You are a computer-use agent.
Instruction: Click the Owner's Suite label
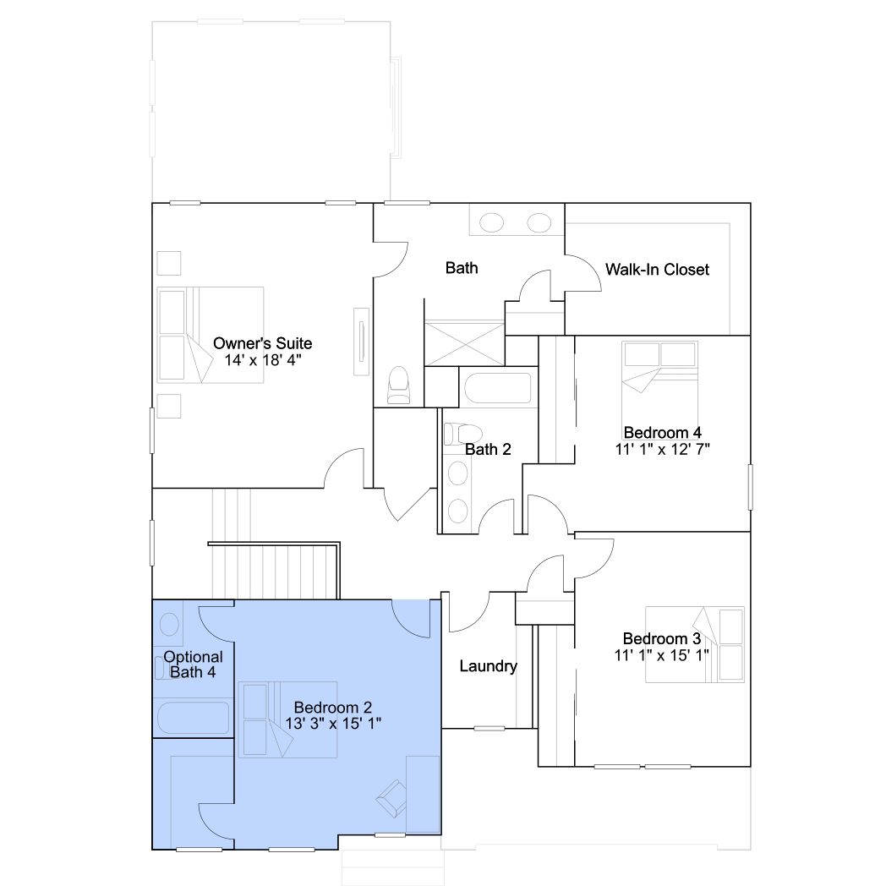pyautogui.click(x=262, y=343)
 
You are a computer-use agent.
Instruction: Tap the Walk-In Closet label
pyautogui.click(x=657, y=270)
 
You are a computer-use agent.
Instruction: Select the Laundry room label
pyautogui.click(x=488, y=666)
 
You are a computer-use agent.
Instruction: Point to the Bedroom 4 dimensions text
pyautogui.click(x=662, y=449)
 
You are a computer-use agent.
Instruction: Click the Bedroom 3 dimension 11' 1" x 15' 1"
pyautogui.click(x=662, y=655)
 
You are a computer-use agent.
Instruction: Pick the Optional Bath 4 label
pyautogui.click(x=193, y=664)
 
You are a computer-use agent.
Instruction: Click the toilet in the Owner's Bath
pyautogui.click(x=398, y=386)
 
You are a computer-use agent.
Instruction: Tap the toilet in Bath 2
pyautogui.click(x=462, y=434)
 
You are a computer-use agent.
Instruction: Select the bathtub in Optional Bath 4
pyautogui.click(x=193, y=718)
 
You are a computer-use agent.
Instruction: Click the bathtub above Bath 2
pyautogui.click(x=498, y=387)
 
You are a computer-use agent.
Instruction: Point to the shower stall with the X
pyautogui.click(x=464, y=343)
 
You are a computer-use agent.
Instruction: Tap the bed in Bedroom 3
pyautogui.click(x=695, y=644)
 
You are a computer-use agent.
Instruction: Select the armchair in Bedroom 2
pyautogui.click(x=391, y=798)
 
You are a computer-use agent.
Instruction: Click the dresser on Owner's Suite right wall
pyautogui.click(x=362, y=342)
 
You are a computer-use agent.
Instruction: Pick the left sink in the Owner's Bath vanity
pyautogui.click(x=491, y=222)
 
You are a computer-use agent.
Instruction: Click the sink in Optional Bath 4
pyautogui.click(x=170, y=625)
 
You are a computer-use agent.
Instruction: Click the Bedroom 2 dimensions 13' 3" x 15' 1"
pyautogui.click(x=333, y=724)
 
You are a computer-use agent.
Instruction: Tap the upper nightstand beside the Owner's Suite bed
pyautogui.click(x=169, y=263)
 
